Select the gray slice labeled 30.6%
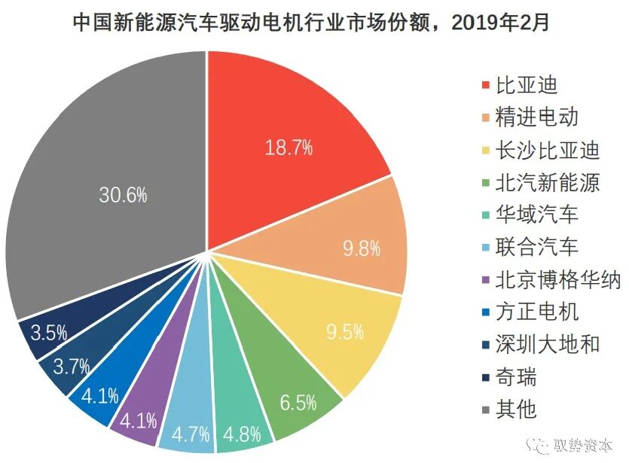click(x=123, y=195)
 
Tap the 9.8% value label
click(x=362, y=248)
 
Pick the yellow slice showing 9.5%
click(x=344, y=331)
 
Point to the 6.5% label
click(x=298, y=403)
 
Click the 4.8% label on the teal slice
click(x=243, y=434)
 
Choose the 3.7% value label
click(x=71, y=367)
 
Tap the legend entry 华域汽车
click(x=536, y=215)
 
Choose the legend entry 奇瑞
click(x=515, y=376)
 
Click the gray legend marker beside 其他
click(x=484, y=410)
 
